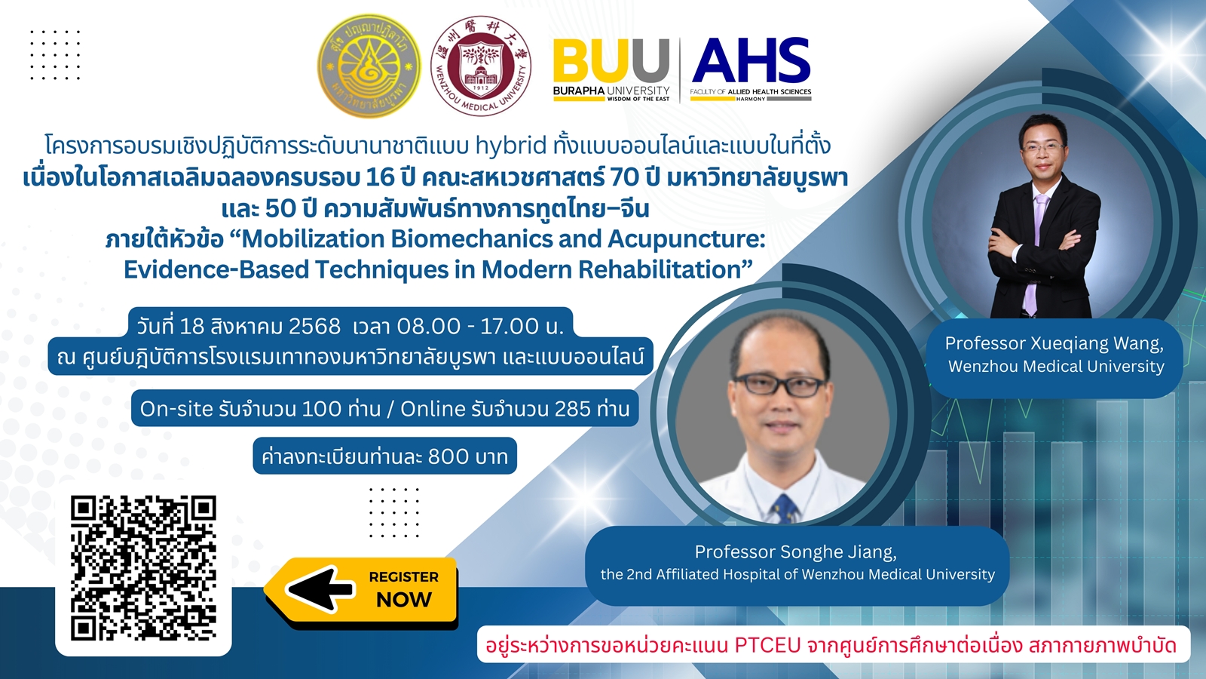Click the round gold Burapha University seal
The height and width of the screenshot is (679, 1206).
coord(369,66)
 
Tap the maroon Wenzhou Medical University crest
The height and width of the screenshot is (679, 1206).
coord(481,66)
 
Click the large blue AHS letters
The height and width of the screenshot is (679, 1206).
coord(751,60)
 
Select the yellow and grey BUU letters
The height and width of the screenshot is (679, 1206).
coord(611,61)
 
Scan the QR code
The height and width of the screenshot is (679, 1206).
coord(143,568)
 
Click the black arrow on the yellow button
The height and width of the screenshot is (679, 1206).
coord(320,589)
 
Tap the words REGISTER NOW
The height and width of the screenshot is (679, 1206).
coord(404,589)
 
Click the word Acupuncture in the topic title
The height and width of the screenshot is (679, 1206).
coord(687,239)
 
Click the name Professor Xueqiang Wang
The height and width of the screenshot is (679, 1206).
coord(1054,344)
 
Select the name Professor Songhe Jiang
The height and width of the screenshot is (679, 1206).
coord(796,551)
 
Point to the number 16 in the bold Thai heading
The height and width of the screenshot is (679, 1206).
coord(380,177)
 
